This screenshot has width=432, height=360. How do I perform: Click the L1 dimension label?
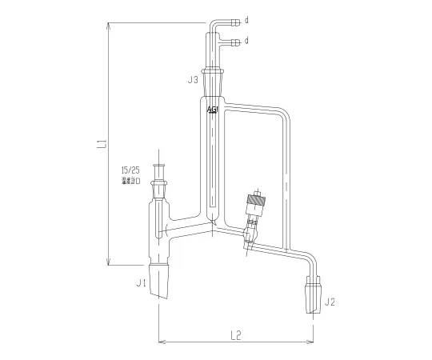pyautogui.click(x=102, y=144)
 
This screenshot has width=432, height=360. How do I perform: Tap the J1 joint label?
pyautogui.click(x=140, y=282)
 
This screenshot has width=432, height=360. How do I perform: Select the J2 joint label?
pyautogui.click(x=330, y=302)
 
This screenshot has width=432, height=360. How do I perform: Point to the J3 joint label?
pyautogui.click(x=193, y=80)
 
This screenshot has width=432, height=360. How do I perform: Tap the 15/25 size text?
pyautogui.click(x=129, y=170)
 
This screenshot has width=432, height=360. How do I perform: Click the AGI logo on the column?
pyautogui.click(x=212, y=110)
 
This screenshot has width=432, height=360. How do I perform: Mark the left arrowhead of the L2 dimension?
pyautogui.click(x=162, y=341)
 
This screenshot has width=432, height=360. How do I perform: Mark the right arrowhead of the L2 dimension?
pyautogui.click(x=310, y=341)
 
